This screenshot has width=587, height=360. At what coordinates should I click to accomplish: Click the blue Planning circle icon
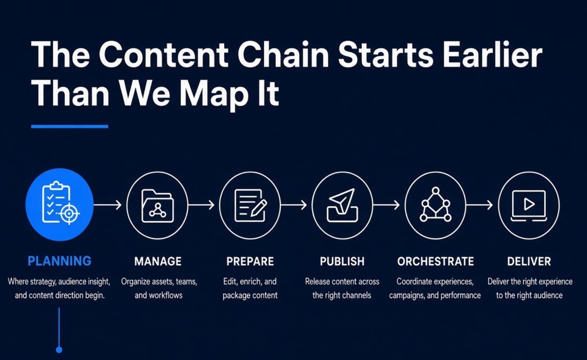coord(60,205)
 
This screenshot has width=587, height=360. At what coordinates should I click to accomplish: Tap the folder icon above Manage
coord(157,206)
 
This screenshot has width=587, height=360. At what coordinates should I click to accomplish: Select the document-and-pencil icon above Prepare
coord(250,205)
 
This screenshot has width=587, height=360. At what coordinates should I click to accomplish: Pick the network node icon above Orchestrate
coord(436,204)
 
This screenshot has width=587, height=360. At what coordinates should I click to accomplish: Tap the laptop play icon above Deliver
coord(529,206)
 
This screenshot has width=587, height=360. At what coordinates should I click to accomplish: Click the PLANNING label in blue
coord(60,261)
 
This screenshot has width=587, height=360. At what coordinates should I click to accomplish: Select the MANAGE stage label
coord(158,262)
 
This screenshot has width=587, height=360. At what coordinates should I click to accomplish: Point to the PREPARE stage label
coord(250,262)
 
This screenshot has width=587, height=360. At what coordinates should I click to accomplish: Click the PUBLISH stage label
coord(342,262)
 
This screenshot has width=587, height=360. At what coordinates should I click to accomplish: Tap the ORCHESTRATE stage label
coord(436,262)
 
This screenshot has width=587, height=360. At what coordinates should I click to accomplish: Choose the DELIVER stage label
coord(529,262)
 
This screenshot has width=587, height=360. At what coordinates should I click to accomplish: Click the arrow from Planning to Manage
coord(108,205)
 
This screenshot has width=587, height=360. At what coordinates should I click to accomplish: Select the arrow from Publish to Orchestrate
coord(386,205)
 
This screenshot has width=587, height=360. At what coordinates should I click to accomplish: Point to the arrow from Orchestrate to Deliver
coord(479,205)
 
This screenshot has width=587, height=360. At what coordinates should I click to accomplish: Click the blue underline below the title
coord(70,126)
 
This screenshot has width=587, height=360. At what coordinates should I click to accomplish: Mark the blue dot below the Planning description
coord(59,350)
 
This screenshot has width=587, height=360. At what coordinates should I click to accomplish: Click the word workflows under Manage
coord(166,295)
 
